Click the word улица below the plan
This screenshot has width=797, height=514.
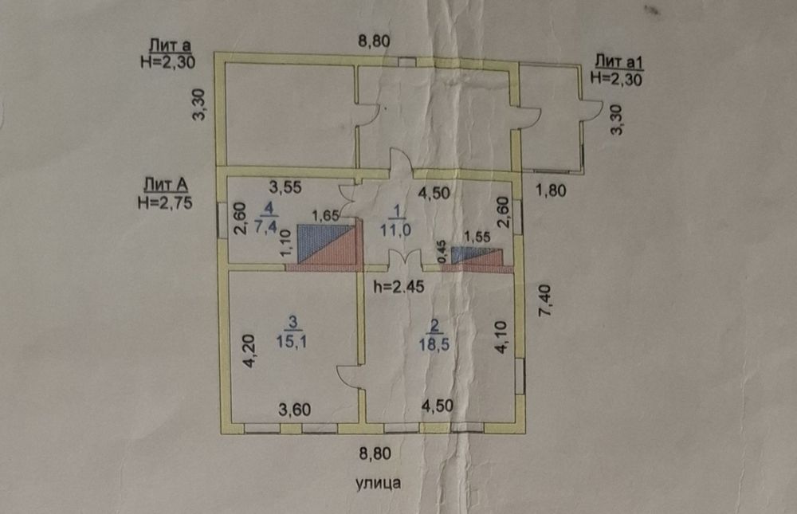click(x=378, y=483)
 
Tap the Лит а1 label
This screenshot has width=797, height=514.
click(x=618, y=62)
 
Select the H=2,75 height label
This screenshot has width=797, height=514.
click(x=165, y=202)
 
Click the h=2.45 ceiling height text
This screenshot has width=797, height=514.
click(x=398, y=287)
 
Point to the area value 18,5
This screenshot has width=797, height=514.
click(x=434, y=345)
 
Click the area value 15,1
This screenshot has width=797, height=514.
click(x=291, y=341)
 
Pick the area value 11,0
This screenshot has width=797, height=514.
click(x=395, y=230)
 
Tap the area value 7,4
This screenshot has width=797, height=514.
click(x=266, y=226)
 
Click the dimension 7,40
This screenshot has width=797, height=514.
click(x=544, y=301)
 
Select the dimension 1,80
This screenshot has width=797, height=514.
click(x=551, y=190)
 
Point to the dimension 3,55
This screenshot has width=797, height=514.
click(x=285, y=187)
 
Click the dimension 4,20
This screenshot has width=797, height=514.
click(x=249, y=351)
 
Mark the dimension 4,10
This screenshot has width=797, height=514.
click(x=501, y=337)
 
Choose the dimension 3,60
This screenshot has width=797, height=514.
click(x=294, y=410)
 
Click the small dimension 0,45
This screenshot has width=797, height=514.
click(x=442, y=252)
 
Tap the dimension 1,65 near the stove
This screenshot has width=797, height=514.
click(x=325, y=216)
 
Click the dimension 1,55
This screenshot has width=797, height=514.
click(x=477, y=237)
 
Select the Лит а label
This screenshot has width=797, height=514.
click(x=170, y=45)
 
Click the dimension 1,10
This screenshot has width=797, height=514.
click(x=285, y=243)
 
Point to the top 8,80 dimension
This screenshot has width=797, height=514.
click(x=374, y=41)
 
